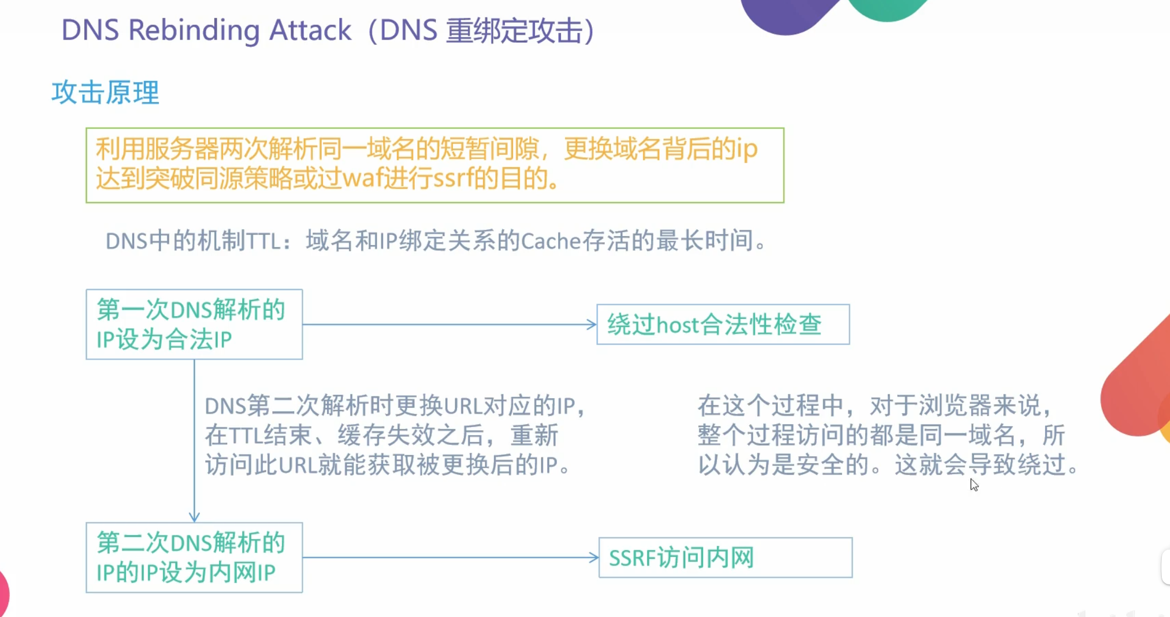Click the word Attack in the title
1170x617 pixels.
[x=310, y=30]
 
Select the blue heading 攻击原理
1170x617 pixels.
[x=105, y=92]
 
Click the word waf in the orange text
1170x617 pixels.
[x=362, y=178]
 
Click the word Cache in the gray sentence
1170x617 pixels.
[x=550, y=241]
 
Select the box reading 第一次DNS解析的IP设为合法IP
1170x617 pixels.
[x=194, y=324]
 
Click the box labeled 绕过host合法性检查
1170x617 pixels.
[x=723, y=324]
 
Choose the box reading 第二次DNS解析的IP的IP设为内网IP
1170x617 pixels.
[x=194, y=557]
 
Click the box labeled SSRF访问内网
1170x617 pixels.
[x=725, y=558]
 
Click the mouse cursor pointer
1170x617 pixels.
[x=974, y=484]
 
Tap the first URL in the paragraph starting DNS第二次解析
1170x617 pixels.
[x=463, y=406]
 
